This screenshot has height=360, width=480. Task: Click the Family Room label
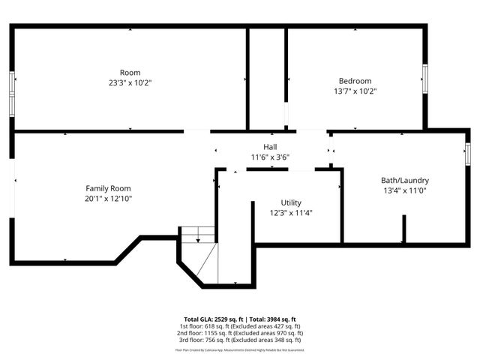[108, 188]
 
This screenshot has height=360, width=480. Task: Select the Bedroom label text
[355, 81]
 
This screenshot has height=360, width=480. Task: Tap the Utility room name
[292, 203]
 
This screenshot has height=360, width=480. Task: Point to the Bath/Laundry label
[405, 181]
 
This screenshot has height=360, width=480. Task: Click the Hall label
[270, 146]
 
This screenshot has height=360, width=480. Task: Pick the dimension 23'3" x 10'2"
[130, 83]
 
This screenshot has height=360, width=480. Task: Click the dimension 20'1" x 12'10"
[108, 199]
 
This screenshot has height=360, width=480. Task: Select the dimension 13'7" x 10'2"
[355, 91]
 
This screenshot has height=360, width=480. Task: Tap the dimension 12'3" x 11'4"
[292, 213]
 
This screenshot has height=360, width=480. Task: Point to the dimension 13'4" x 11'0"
[405, 191]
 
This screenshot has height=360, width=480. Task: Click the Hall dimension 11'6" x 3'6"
[270, 157]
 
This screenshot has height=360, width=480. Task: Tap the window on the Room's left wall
[11, 94]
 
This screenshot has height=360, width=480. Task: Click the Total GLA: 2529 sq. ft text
[211, 319]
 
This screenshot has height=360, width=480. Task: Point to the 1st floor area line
[240, 326]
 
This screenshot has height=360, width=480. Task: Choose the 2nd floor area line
[240, 333]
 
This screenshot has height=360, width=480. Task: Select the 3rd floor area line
[240, 340]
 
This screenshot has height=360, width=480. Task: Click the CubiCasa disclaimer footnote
[240, 349]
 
